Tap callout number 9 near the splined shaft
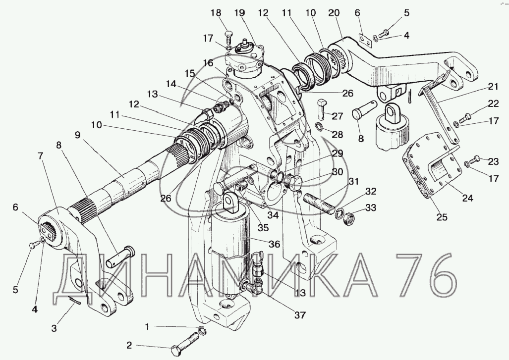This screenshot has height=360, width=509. click(x=77, y=135)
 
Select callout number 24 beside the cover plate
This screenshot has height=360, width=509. click(x=468, y=198)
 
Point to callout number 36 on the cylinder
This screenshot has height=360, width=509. click(x=274, y=244)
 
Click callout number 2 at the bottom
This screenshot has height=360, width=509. click(x=129, y=346)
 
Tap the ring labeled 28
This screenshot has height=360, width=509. click(x=319, y=126)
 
